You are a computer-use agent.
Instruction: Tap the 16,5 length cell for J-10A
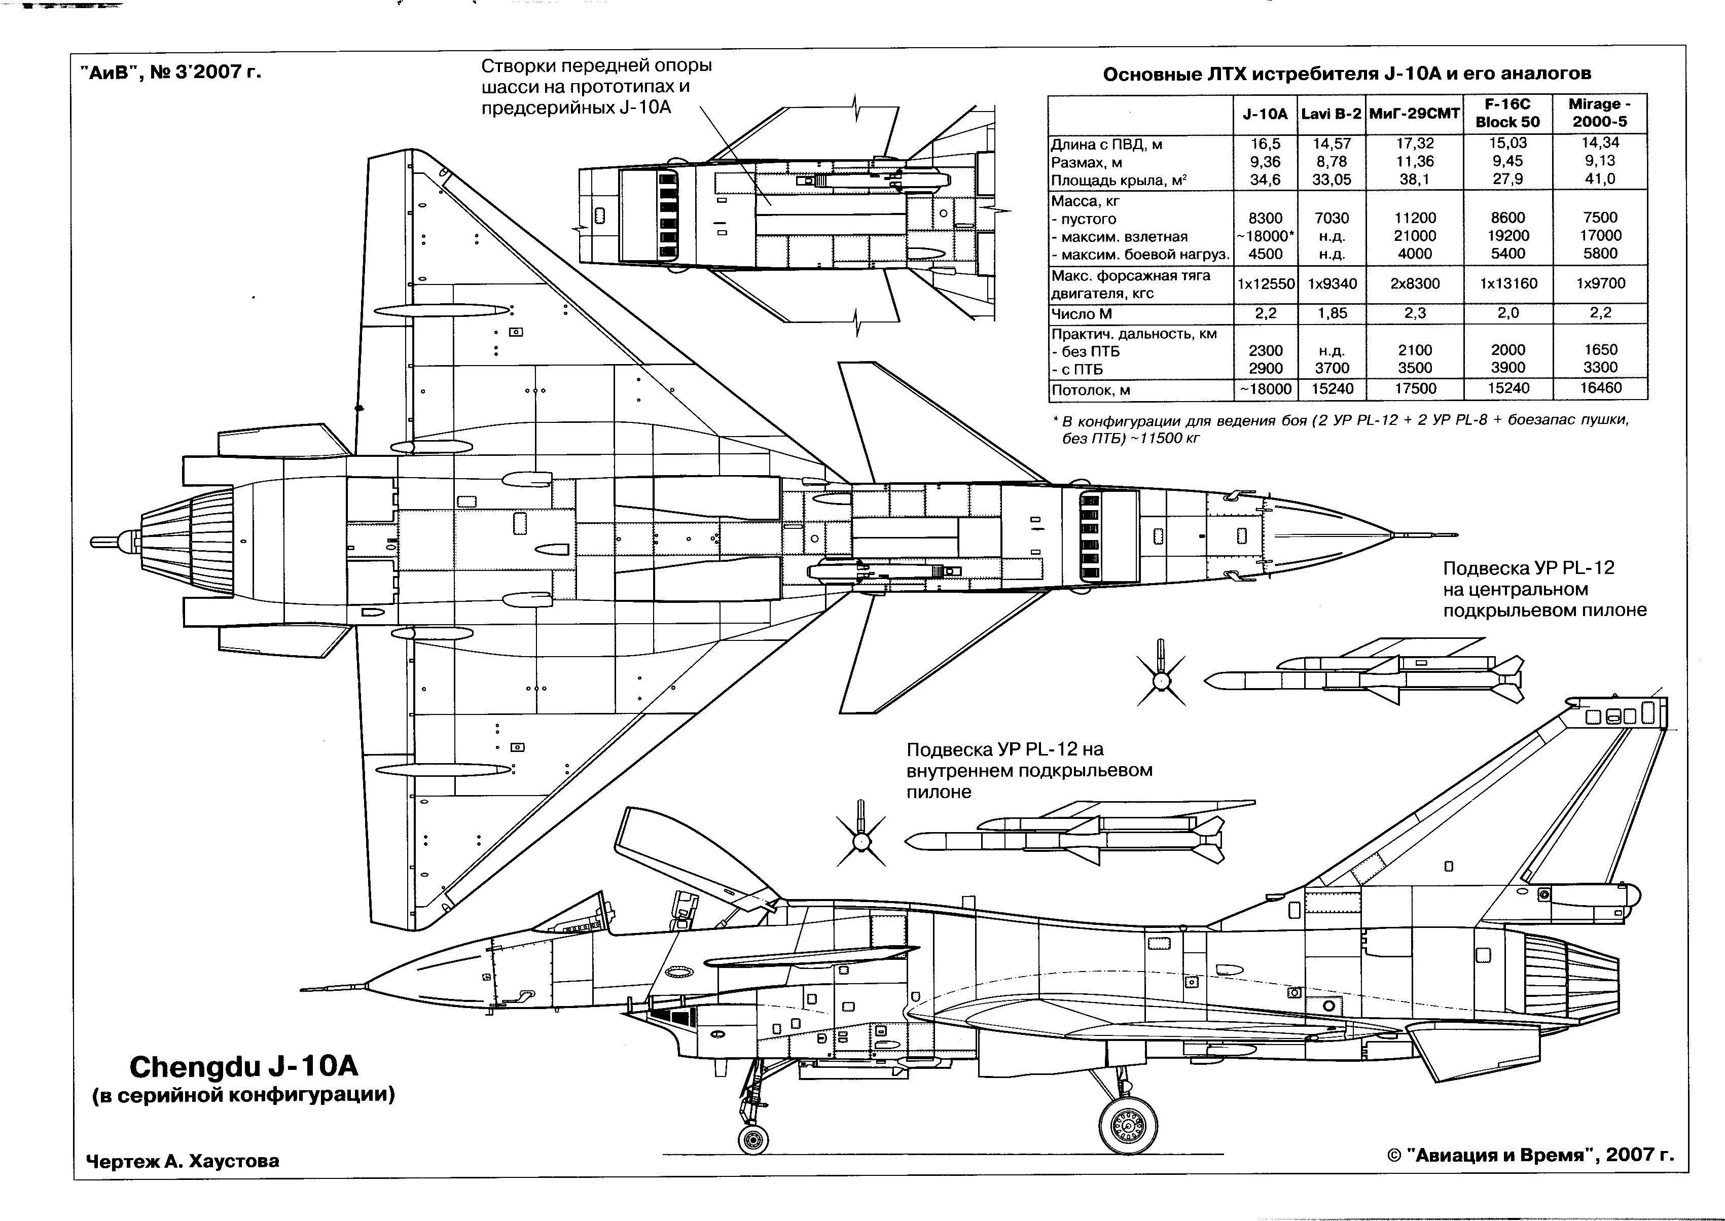coord(1265,143)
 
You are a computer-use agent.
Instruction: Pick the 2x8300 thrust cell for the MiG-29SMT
coord(1415,283)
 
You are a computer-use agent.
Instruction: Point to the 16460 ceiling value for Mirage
coord(1600,388)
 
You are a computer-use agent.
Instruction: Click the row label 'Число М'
coord(1082,313)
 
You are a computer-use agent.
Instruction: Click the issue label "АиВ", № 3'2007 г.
coord(170,72)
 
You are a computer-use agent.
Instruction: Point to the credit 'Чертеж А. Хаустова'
coord(183,1160)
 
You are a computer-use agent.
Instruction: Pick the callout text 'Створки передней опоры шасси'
coord(596,86)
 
